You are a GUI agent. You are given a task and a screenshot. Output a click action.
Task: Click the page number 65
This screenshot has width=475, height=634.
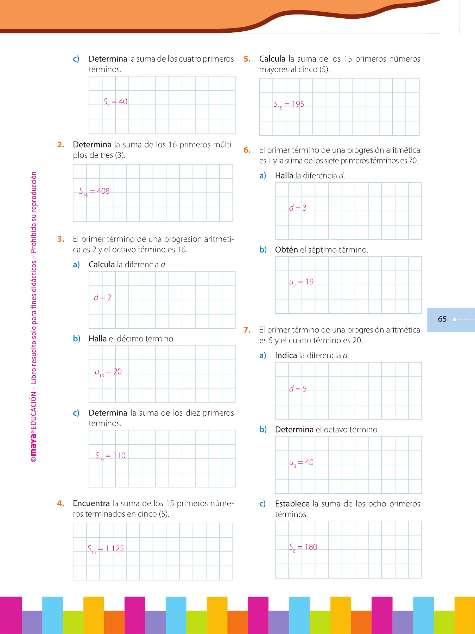click(442, 319)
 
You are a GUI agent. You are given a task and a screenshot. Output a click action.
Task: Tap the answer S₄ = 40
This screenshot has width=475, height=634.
click(115, 102)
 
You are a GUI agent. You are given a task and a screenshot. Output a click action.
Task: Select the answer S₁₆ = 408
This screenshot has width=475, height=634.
click(94, 192)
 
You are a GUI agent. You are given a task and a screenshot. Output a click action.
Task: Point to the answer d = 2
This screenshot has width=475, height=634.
click(102, 298)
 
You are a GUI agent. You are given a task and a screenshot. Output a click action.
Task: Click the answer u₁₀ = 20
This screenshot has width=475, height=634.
click(108, 372)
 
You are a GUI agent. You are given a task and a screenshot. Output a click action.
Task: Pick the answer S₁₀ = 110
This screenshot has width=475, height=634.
click(110, 456)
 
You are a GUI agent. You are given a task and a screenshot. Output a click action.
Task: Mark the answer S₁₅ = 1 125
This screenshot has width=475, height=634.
click(105, 549)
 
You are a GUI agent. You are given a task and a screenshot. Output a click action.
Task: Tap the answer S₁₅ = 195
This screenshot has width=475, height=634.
click(289, 104)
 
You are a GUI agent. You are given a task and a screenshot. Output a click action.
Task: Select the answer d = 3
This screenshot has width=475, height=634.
click(298, 208)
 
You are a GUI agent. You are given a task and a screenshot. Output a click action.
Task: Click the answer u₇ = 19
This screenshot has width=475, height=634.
click(301, 282)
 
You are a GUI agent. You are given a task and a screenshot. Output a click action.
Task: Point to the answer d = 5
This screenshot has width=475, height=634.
click(298, 389)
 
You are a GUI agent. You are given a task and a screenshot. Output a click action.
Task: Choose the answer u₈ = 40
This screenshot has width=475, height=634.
click(301, 462)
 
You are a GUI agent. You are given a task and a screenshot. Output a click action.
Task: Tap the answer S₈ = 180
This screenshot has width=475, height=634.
click(303, 547)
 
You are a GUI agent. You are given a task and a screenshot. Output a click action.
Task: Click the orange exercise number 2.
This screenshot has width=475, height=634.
click(61, 145)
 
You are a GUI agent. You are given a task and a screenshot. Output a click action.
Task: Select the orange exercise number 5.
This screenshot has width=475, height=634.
click(247, 59)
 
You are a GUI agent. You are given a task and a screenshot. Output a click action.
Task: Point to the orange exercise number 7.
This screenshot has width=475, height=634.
click(247, 330)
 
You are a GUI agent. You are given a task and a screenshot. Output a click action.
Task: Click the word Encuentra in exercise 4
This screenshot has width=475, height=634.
click(91, 504)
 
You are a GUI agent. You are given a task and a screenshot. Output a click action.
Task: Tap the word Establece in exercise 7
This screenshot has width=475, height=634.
click(292, 504)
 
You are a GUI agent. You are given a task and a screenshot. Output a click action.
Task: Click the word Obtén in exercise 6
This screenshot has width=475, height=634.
click(286, 250)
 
